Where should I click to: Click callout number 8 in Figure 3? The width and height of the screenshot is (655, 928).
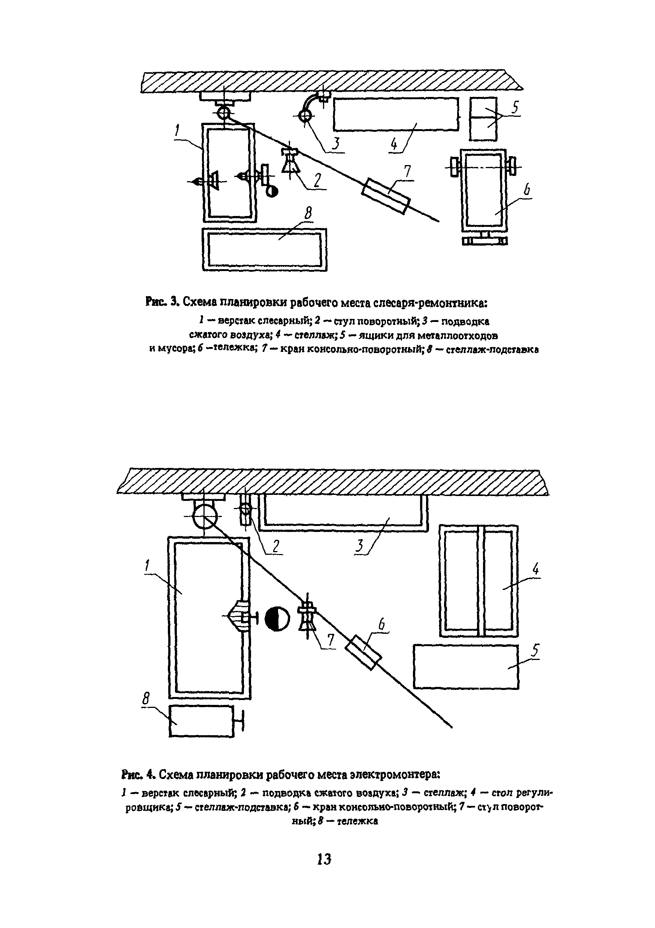pyautogui.click(x=309, y=213)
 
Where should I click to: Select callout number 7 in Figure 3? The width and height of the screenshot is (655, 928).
pyautogui.click(x=407, y=172)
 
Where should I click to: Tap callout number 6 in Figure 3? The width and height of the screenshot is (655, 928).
pyautogui.click(x=527, y=189)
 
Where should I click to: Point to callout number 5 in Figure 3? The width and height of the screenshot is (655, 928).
pyautogui.click(x=515, y=107)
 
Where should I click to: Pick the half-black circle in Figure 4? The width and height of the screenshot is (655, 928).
pyautogui.click(x=278, y=619)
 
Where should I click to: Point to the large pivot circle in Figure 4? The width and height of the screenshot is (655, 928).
pyautogui.click(x=205, y=517)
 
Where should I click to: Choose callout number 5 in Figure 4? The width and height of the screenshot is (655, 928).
pyautogui.click(x=535, y=651)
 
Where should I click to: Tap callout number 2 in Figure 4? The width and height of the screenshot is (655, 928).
pyautogui.click(x=276, y=546)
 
